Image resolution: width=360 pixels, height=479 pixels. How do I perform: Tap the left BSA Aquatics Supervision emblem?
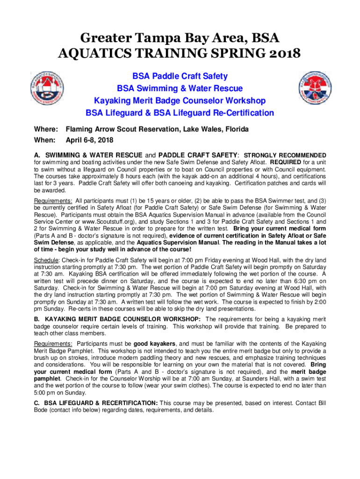(48, 87)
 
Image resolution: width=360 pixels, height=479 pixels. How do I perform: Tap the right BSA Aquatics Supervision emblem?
(316, 87)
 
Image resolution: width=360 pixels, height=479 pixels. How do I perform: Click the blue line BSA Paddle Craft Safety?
(180, 76)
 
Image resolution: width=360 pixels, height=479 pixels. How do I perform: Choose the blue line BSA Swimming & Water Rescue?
(180, 88)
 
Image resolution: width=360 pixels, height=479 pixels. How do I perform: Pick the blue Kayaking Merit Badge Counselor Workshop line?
(180, 101)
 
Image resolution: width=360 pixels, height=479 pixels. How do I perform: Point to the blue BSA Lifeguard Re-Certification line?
(180, 113)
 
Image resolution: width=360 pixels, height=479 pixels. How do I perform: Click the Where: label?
(46, 129)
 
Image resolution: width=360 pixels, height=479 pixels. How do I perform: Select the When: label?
(45, 140)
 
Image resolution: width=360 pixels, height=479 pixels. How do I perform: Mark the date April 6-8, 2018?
(89, 140)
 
